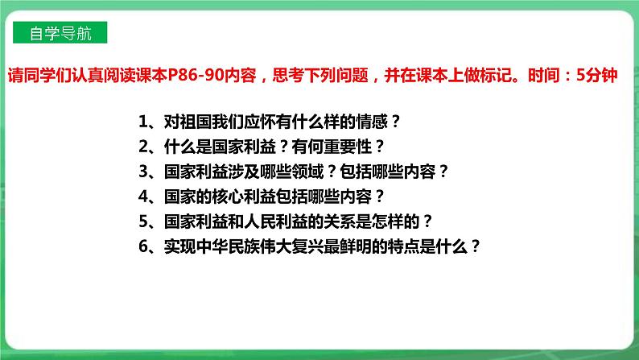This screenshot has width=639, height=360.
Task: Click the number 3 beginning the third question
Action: (142, 172)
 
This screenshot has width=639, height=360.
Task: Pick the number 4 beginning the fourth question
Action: (142, 197)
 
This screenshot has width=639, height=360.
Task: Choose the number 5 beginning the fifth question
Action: (142, 221)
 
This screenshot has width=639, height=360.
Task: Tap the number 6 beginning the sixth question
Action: (142, 246)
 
